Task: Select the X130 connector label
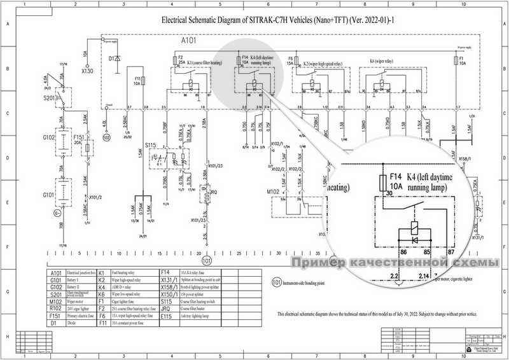tap(87, 71)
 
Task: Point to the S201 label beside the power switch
tap(50, 99)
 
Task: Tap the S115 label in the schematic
tap(150, 146)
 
